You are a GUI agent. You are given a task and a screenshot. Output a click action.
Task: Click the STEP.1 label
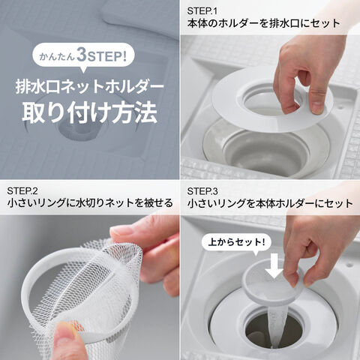coord(202,11)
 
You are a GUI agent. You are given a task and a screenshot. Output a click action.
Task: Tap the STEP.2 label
coord(22,191)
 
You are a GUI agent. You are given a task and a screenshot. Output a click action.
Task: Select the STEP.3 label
coord(202,191)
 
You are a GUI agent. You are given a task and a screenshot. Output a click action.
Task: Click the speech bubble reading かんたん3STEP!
coord(83,56)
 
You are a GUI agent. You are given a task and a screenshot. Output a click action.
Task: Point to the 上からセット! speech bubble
coord(236,242)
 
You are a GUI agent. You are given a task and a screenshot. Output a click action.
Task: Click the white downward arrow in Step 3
coord(274,265)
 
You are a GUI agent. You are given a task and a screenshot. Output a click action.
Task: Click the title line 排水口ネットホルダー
coord(90,87)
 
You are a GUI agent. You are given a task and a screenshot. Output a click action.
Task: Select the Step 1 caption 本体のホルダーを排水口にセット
coord(263,24)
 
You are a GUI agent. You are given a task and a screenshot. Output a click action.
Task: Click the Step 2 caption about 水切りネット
coord(90,203)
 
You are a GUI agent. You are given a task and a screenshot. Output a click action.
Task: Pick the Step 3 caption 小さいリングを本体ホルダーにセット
coord(270,203)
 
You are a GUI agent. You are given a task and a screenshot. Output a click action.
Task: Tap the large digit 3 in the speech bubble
coord(82,55)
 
